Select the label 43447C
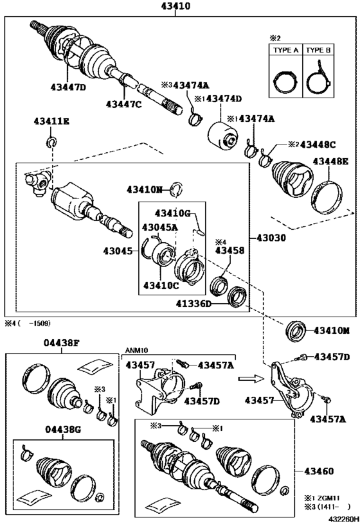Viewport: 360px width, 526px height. point(123,103)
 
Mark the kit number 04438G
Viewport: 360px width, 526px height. point(62,429)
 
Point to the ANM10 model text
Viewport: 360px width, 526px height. point(136,350)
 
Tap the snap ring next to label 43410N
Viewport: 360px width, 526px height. point(179,189)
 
